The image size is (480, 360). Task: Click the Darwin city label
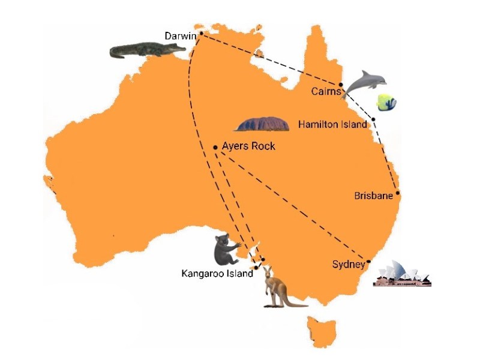coord(181,36)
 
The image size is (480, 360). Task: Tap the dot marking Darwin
coord(201,34)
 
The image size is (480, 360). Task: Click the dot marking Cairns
coord(341,85)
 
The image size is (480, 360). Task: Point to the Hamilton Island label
coord(332,125)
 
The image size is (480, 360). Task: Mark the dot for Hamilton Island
coord(373,119)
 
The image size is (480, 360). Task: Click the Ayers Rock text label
coord(248,146)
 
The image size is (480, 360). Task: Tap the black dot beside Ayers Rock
coord(215,147)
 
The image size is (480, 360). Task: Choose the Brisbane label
coord(373,196)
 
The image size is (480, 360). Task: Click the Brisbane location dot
coord(398,193)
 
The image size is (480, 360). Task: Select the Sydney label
coord(348,264)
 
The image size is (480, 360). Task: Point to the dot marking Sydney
coord(370,262)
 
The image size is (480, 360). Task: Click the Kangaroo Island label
coord(217,274)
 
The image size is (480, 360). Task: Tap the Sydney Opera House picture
coord(402,275)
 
